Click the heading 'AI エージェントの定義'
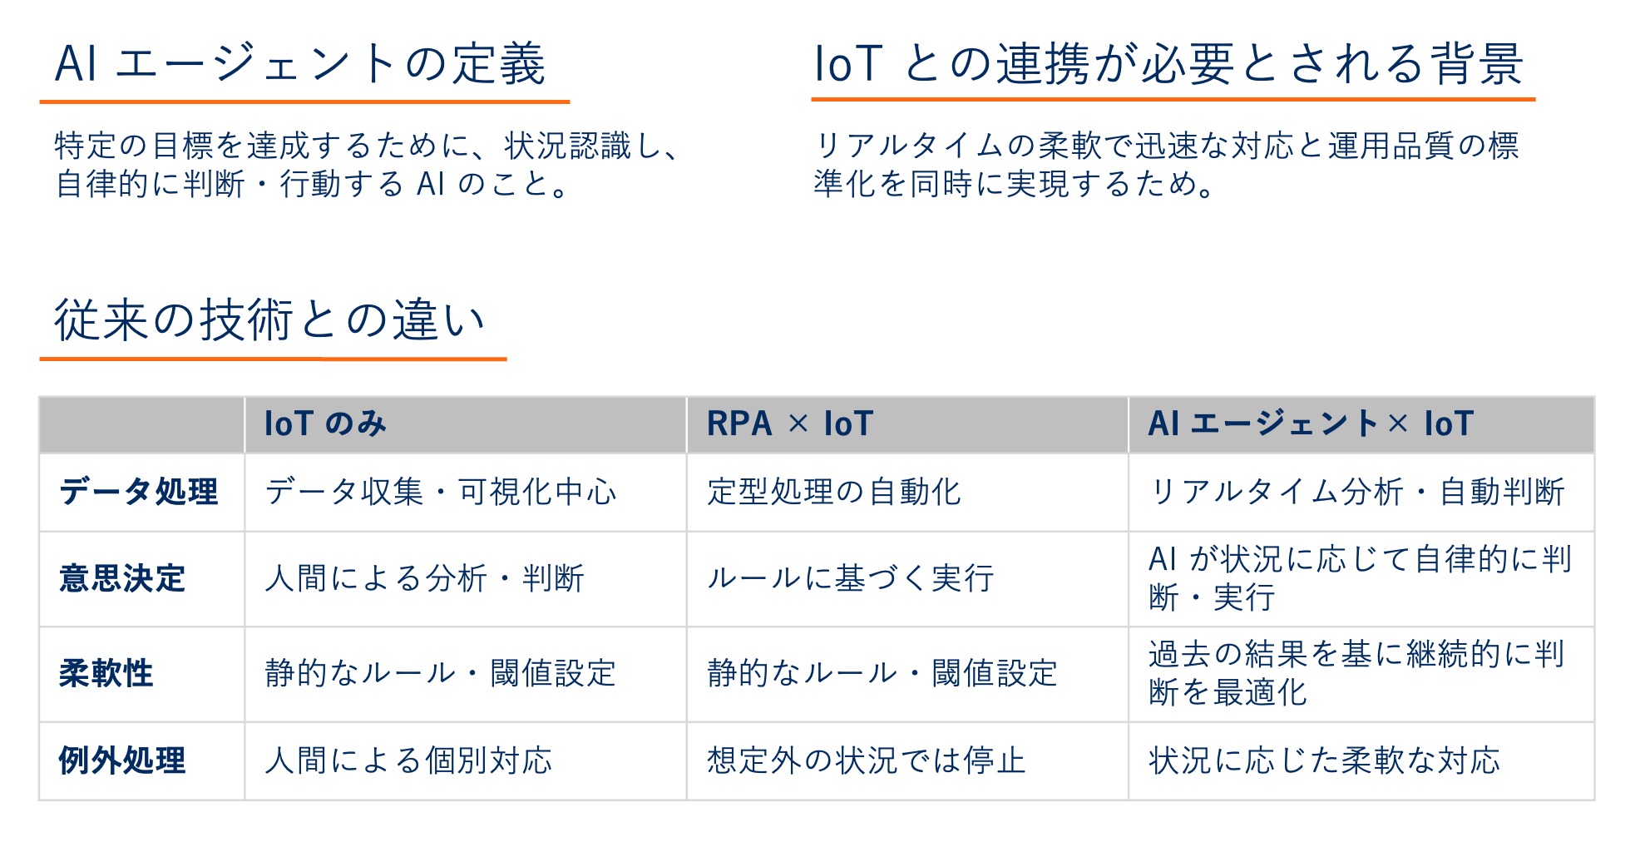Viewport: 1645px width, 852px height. pos(300,64)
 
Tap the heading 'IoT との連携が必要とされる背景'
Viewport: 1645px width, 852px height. pos(1168,64)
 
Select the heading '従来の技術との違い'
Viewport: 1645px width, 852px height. pos(269,320)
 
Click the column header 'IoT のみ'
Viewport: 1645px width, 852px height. pos(325,424)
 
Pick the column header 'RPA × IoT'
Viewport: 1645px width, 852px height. pos(789,424)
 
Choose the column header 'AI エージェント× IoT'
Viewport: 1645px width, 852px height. pos(1311,424)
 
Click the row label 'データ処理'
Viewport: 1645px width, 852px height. pos(139,492)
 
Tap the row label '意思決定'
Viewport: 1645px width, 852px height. pos(122,578)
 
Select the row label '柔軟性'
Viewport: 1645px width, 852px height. pos(106,673)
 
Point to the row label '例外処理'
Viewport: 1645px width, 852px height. pos(122,760)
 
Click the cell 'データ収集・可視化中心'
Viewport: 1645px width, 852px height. pos(441,492)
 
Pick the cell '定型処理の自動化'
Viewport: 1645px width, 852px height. pos(833,492)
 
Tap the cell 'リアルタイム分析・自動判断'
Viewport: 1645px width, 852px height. pos(1356,492)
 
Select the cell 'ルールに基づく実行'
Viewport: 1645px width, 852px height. pos(850,578)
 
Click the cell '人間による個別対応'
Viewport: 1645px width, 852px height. pos(408,760)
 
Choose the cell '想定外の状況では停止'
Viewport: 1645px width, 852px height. pos(866,760)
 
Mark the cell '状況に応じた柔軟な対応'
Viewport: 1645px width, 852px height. pos(1324,760)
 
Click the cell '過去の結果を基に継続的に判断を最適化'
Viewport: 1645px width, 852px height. pos(1356,673)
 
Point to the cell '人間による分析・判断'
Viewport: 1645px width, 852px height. pos(424,578)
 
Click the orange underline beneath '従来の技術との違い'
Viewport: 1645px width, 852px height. pos(273,359)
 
